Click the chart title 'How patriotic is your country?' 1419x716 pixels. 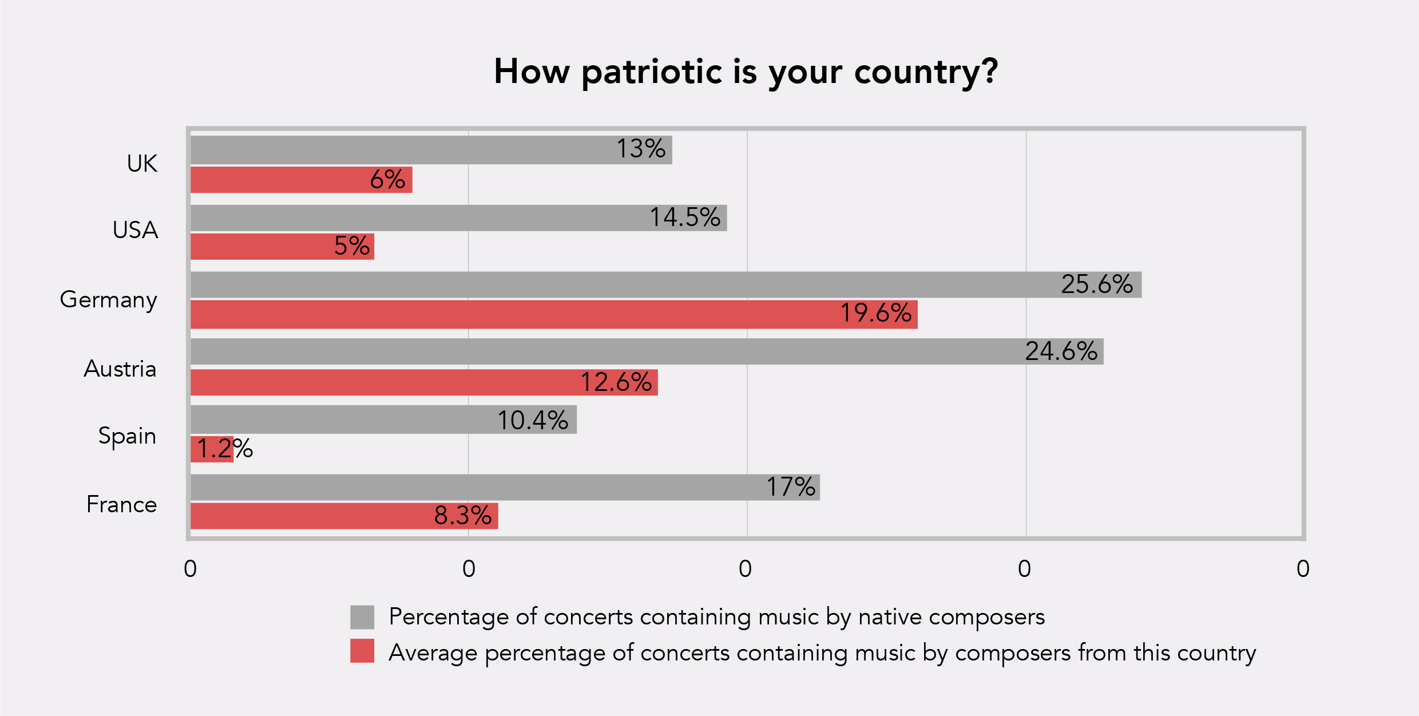[746, 73]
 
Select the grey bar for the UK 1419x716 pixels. [431, 150]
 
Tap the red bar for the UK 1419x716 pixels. [302, 180]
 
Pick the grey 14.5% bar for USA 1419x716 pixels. [459, 218]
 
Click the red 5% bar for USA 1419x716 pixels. [282, 247]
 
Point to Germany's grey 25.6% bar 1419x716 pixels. [666, 285]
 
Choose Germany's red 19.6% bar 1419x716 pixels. [554, 315]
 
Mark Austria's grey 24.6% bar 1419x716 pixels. [647, 351]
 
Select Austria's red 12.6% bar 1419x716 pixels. [424, 382]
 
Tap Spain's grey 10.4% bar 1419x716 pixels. [383, 420]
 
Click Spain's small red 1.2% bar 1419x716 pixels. [212, 449]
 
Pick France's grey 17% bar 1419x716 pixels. [505, 488]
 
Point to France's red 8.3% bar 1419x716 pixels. [344, 516]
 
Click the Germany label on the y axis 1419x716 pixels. [108, 300]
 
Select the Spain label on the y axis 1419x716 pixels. [127, 436]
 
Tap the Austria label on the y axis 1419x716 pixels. [120, 369]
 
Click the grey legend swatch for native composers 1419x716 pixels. [362, 617]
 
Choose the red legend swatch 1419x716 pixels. [362, 651]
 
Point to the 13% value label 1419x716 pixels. [641, 149]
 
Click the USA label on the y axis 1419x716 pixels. [135, 230]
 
